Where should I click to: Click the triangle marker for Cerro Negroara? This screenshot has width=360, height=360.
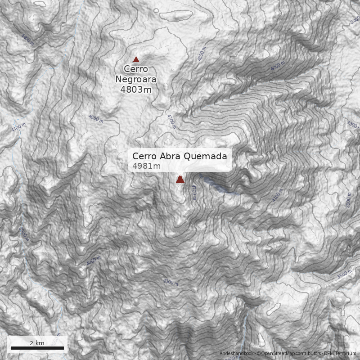coord(136,59)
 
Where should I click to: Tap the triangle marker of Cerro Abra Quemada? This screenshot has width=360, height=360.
coord(180,179)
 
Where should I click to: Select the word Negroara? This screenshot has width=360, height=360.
coord(136,79)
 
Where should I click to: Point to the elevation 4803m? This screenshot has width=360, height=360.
coord(136,89)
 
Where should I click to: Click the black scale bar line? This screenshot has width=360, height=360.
coord(37,348)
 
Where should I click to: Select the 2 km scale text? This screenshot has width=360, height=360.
coord(37,343)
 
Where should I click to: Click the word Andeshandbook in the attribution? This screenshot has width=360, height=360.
coord(237,354)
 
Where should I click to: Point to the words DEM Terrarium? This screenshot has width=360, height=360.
coord(340,354)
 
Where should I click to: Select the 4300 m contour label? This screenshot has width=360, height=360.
coord(171,282)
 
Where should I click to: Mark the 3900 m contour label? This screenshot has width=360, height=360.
coord(24,234)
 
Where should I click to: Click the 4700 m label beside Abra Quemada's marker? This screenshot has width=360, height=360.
coord(194,192)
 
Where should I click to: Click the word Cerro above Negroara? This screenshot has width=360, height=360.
coord(136,69)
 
